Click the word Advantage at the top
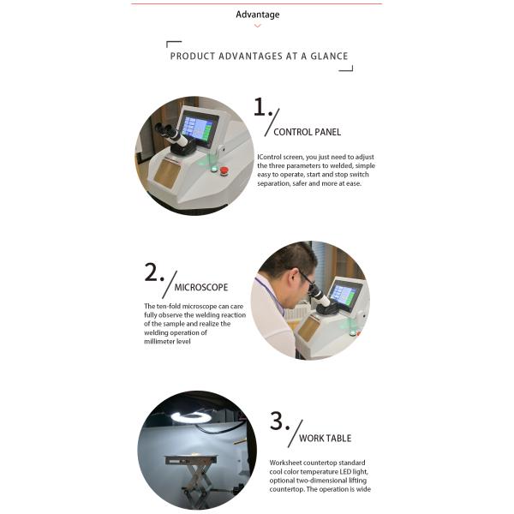point(258,15)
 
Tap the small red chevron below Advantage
point(258,26)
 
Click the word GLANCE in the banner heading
point(329,56)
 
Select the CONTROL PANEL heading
point(308,132)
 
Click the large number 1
point(261,107)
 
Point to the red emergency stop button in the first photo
point(224,170)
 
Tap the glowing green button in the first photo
point(213,169)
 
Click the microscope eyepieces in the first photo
point(170,135)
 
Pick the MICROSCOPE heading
point(201,288)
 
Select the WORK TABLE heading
point(326,439)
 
